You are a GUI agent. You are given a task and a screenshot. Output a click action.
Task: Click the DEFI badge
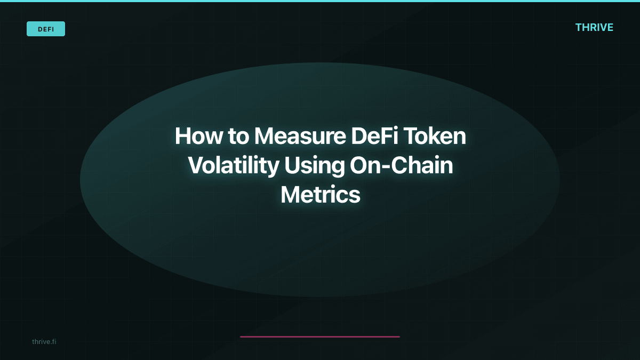[46, 29]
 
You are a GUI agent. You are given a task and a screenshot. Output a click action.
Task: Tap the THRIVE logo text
[594, 27]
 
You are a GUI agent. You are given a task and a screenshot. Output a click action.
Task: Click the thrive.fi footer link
[44, 341]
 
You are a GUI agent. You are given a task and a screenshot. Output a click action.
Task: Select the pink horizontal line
[320, 337]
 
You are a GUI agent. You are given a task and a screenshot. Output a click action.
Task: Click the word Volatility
[233, 166]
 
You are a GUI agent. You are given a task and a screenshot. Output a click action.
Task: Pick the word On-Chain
[401, 166]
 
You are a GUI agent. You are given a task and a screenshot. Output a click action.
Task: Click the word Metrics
[321, 195]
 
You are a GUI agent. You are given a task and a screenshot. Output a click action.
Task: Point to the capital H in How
[182, 137]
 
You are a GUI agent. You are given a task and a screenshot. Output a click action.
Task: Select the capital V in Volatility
[196, 166]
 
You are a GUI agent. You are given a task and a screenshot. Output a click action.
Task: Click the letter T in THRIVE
[579, 27]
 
